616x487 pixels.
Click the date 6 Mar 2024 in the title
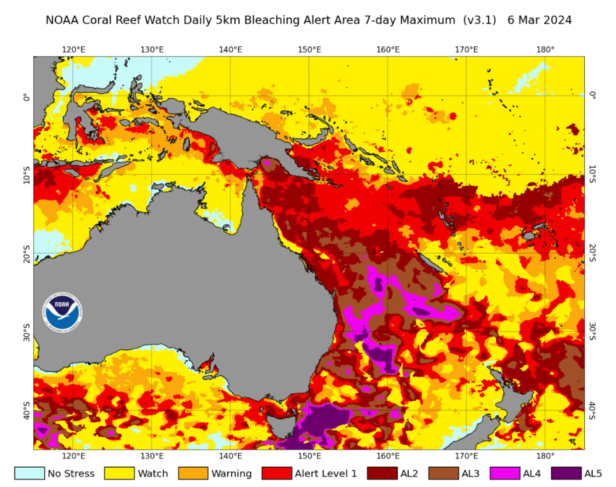[539, 20]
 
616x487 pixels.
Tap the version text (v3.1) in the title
[479, 20]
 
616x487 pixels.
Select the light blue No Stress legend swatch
[29, 473]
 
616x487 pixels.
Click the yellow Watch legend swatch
[119, 473]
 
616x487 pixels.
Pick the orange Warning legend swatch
[193, 473]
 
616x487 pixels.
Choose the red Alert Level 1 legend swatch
[276, 473]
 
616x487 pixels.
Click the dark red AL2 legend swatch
[382, 473]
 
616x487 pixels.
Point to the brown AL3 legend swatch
[443, 473]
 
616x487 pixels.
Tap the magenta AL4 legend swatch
[505, 473]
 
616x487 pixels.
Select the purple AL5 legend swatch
[566, 473]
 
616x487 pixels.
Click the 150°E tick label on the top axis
[309, 50]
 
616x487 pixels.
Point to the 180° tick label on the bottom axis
[545, 456]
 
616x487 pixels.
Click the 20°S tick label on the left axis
[27, 254]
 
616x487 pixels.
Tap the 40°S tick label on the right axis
[592, 410]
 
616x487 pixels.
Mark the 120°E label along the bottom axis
[73, 456]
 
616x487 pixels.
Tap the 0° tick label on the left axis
[27, 97]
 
